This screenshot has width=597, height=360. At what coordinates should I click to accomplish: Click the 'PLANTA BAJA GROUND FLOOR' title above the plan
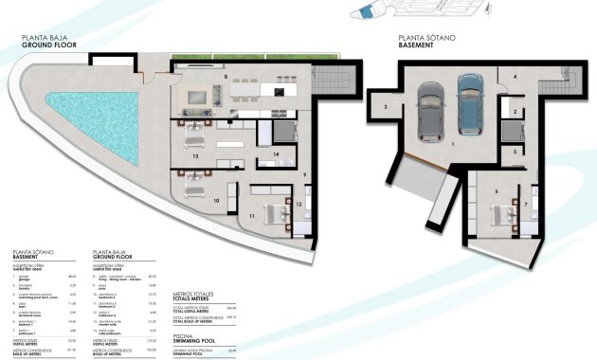point(44,40)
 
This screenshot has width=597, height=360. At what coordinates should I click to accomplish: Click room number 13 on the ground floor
point(194,154)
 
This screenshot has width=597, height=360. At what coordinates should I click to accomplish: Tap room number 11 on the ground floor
point(252,218)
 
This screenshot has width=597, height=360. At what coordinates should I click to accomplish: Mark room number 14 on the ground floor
point(275,153)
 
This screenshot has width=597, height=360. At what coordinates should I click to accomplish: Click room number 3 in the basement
point(387,107)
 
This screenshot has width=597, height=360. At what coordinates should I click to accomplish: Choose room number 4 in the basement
point(515,75)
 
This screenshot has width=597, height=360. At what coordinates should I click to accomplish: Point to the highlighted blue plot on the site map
point(366,12)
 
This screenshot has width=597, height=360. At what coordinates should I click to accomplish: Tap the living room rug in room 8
point(202,97)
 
